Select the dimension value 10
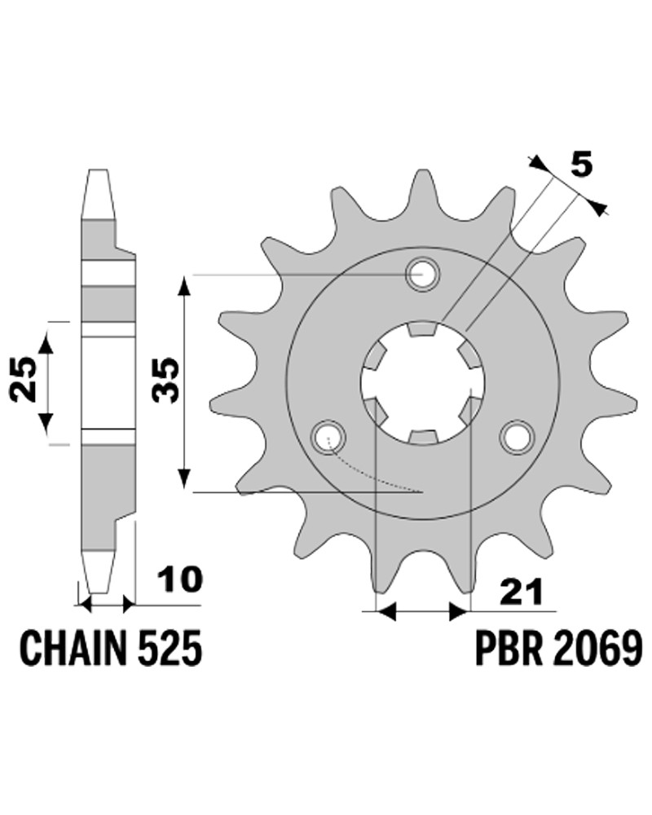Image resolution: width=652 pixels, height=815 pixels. click(180, 579)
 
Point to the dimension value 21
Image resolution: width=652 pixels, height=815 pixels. click(522, 592)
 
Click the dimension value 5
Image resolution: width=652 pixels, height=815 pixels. click(581, 165)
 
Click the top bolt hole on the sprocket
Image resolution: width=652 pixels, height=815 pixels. click(423, 274)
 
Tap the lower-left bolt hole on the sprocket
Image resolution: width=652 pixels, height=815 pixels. click(328, 437)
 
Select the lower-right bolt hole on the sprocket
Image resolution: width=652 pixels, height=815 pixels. click(518, 437)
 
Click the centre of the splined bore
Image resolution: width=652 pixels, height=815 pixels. click(423, 382)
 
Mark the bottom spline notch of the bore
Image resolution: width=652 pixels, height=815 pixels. click(423, 437)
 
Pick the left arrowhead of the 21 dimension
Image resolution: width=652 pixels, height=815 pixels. click(385, 612)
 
